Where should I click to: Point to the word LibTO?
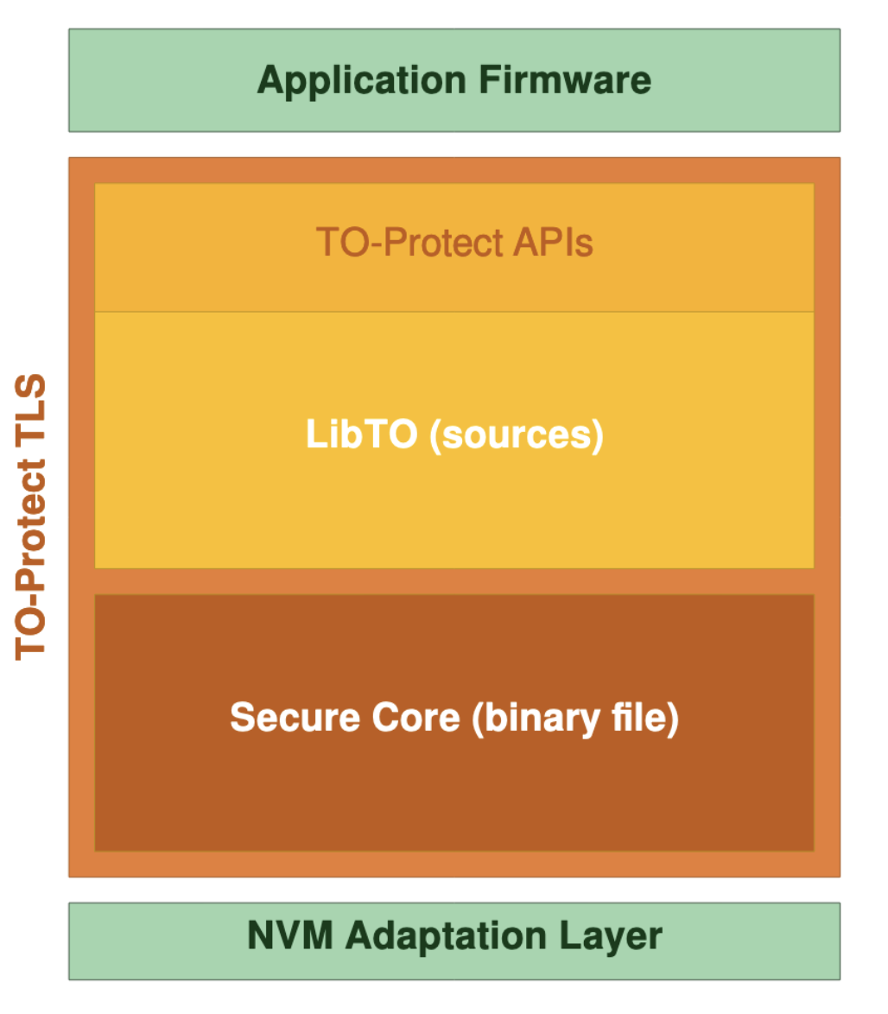(x=361, y=434)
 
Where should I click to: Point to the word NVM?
(x=288, y=936)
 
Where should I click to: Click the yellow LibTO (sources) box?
(x=454, y=510)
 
